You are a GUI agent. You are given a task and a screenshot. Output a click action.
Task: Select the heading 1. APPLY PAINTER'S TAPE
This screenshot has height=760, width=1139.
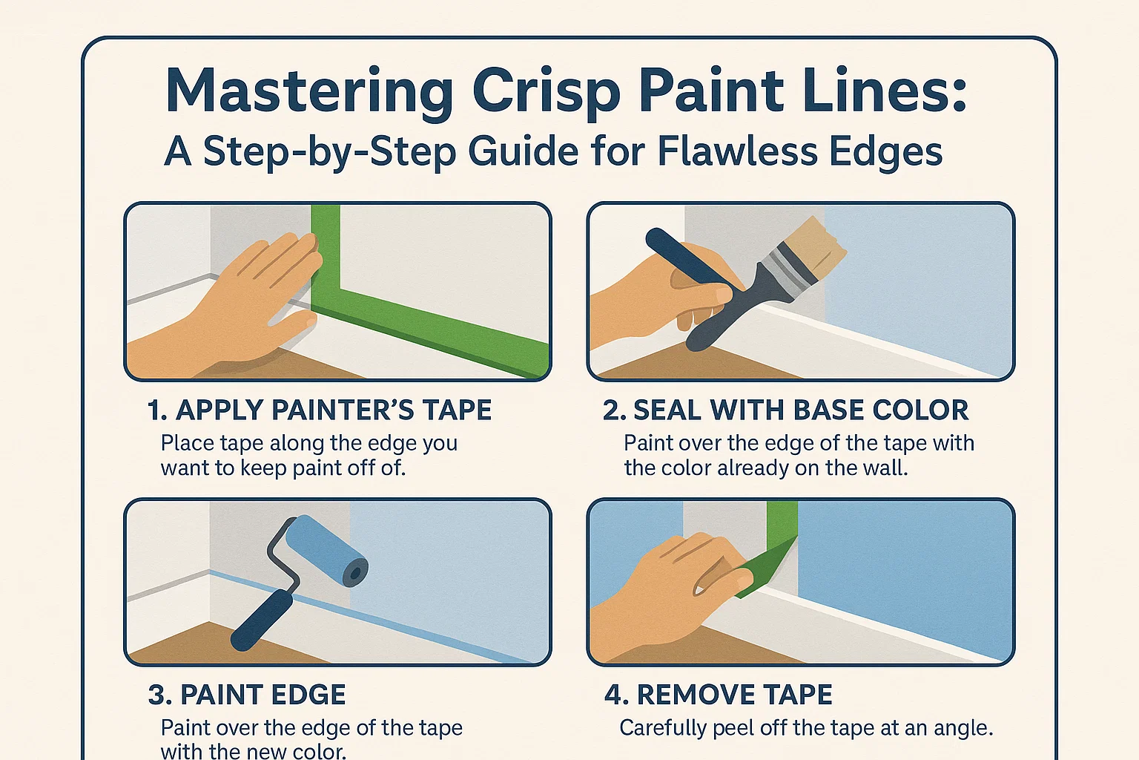point(320,410)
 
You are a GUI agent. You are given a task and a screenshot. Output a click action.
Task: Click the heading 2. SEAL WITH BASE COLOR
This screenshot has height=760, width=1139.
point(785,410)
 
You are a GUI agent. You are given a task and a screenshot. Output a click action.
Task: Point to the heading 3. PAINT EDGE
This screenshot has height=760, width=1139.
point(247,695)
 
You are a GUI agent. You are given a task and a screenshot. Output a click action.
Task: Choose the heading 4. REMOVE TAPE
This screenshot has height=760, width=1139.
point(718,695)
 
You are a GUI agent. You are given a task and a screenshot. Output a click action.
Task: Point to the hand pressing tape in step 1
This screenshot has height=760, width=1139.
point(245,304)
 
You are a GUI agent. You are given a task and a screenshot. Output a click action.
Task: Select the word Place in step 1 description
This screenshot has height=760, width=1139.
point(187,443)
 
